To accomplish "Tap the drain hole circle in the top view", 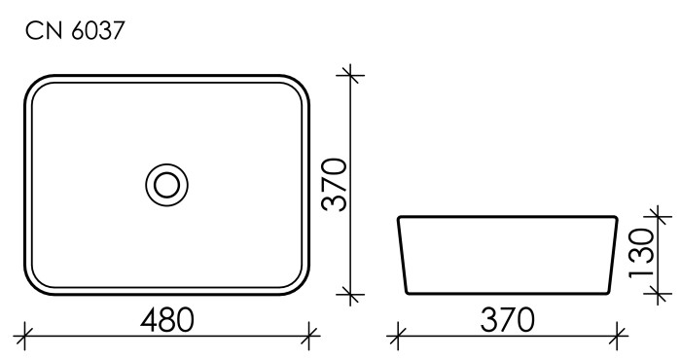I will point(165,183).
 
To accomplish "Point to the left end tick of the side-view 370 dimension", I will point(395,339).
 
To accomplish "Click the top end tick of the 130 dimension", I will point(659,215).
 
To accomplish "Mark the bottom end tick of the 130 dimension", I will point(659,293).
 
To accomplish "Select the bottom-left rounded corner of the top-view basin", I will point(35,283).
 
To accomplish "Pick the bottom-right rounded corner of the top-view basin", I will point(298,283).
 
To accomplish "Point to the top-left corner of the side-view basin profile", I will point(399,217).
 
